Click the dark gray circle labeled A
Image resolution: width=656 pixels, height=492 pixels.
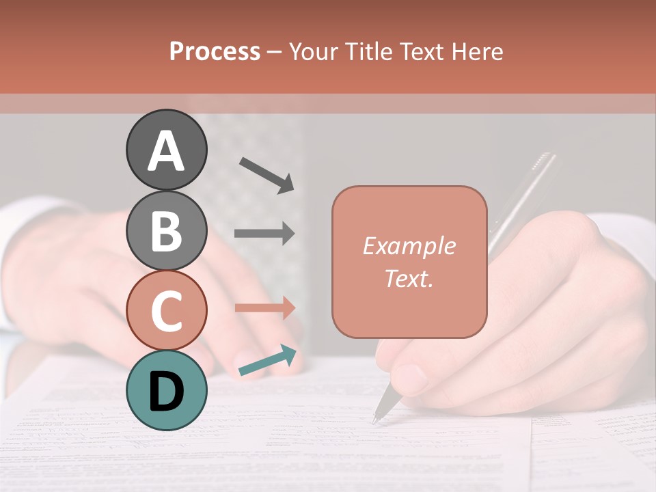[x=166, y=150]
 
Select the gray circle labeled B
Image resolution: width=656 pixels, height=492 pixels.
[x=166, y=230]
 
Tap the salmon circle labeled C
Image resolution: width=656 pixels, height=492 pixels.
[x=166, y=310]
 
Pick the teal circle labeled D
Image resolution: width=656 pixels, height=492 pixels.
[x=166, y=390]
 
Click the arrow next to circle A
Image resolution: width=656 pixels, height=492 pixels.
[x=266, y=174]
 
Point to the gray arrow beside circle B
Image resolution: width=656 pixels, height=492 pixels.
[x=264, y=234]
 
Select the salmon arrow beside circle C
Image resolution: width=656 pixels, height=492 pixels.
[x=264, y=307]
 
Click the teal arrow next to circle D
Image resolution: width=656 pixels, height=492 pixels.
[x=268, y=361]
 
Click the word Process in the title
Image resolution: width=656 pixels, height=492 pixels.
[x=215, y=51]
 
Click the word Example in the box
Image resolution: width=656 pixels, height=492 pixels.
[x=409, y=246]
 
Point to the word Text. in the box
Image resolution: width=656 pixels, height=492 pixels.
[x=409, y=278]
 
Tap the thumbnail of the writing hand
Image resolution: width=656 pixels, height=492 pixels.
[x=411, y=378]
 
